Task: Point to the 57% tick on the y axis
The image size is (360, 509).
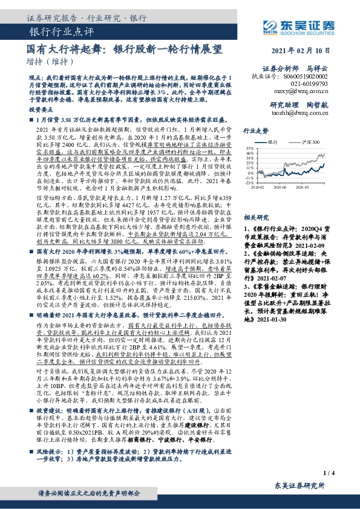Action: click(249, 148)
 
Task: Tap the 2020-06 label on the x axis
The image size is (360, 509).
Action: click(281, 187)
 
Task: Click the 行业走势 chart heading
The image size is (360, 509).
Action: click(256, 129)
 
